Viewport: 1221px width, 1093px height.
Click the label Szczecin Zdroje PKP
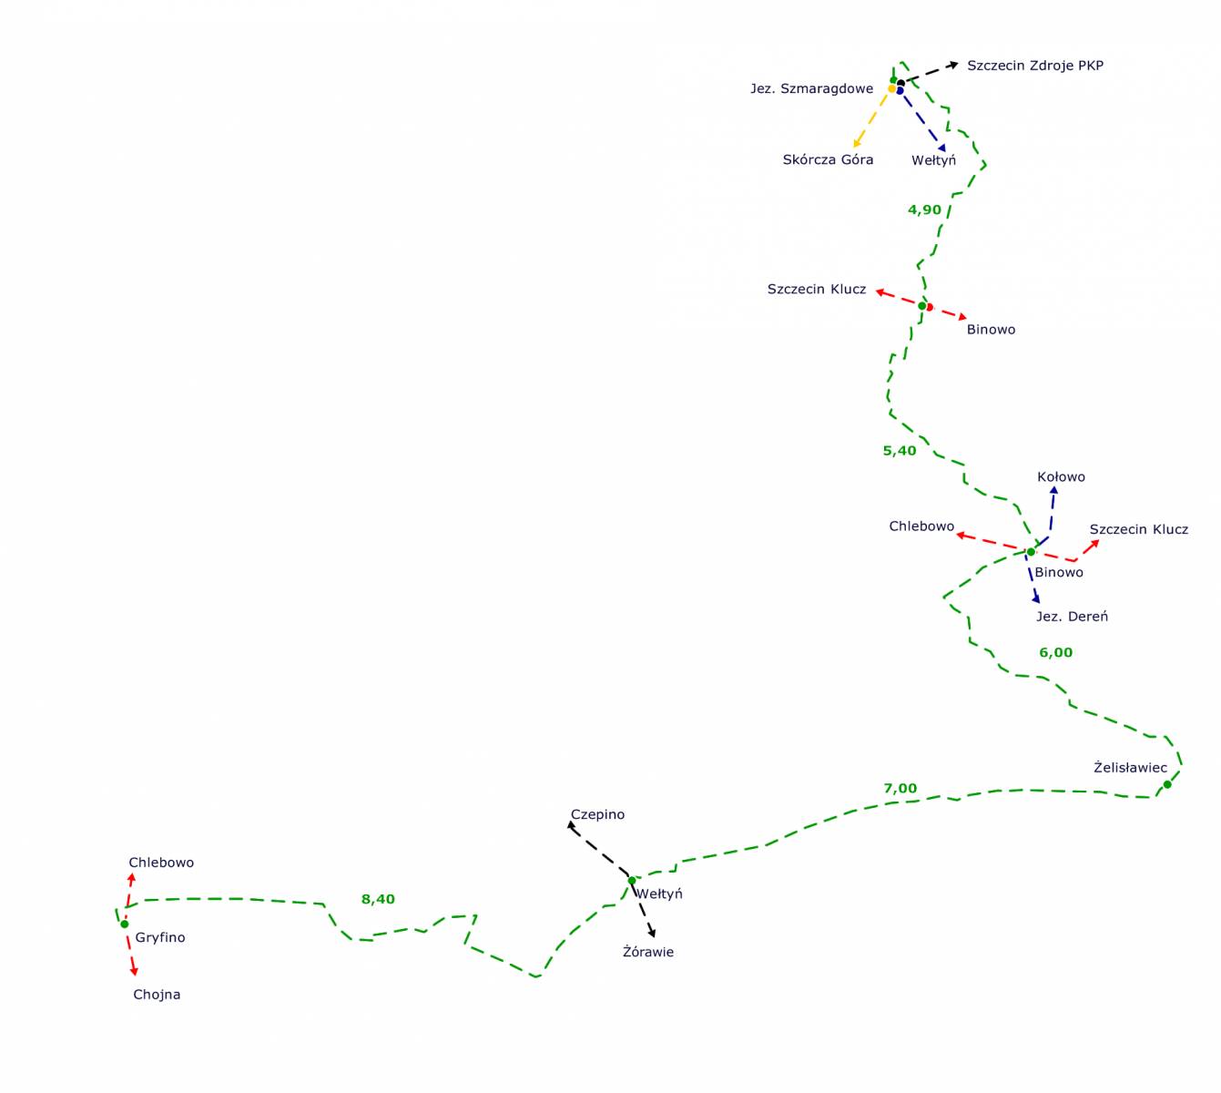pos(1034,66)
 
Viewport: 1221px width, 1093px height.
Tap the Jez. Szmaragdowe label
pos(811,89)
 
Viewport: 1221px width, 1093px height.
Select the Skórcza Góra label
pos(828,160)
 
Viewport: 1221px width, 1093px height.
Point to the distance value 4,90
pos(924,210)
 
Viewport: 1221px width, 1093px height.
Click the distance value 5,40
pos(900,451)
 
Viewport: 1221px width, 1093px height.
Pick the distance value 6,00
pos(1055,653)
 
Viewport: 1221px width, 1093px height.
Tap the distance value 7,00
pos(900,789)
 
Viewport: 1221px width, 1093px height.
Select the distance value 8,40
pos(378,900)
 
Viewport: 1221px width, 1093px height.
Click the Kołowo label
pos(1061,477)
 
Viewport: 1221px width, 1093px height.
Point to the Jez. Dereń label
pos(1072,617)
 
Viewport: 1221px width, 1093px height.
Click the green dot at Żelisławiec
pos(1167,784)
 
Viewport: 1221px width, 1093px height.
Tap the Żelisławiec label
pos(1130,768)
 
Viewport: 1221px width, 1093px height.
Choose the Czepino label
pos(597,815)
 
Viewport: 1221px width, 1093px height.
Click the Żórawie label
pos(648,953)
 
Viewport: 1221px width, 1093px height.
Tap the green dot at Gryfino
pos(125,924)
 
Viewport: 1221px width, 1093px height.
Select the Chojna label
pos(157,995)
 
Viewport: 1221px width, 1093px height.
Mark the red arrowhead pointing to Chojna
pos(134,972)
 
